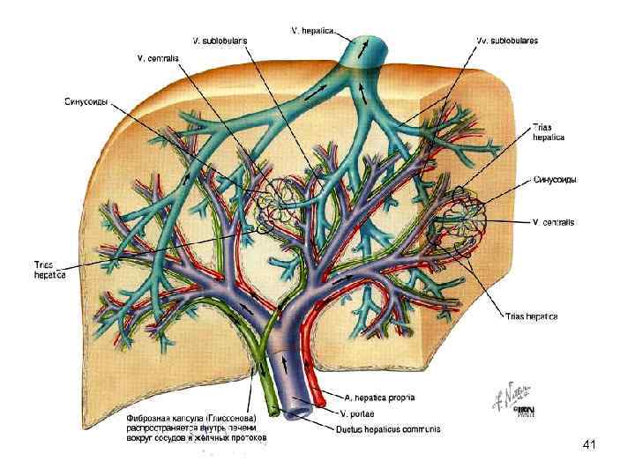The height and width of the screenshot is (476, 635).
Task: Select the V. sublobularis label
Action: click(220, 41)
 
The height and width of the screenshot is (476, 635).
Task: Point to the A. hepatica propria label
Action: click(376, 397)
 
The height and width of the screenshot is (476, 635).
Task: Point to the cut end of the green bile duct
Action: click(273, 410)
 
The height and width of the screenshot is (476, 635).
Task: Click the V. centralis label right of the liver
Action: click(554, 222)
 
